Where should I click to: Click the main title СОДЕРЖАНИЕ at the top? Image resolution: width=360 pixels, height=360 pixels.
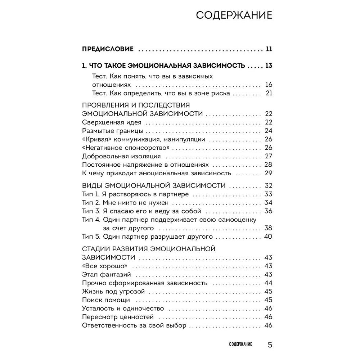tap(234, 16)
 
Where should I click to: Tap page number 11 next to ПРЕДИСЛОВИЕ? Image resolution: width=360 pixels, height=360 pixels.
tap(269, 49)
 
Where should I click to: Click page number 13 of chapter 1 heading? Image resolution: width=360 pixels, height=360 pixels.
tap(269, 66)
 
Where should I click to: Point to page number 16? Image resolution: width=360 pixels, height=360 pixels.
tap(269, 85)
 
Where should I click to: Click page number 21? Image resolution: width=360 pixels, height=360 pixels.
tap(269, 94)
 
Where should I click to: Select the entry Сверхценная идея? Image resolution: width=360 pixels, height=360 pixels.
tap(108, 122)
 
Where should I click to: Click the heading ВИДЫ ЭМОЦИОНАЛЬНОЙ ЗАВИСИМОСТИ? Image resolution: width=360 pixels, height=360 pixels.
tap(154, 186)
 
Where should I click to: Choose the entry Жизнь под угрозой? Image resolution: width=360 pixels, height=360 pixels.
tap(113, 291)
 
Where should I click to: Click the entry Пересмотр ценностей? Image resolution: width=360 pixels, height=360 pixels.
tap(118, 317)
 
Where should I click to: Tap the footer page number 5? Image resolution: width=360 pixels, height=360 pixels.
tap(270, 345)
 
